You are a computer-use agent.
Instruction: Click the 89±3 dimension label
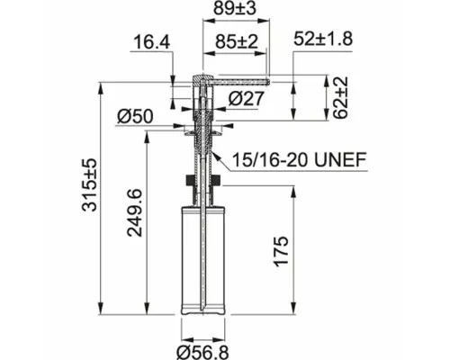tap(235, 9)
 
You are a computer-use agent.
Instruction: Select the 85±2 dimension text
tap(237, 41)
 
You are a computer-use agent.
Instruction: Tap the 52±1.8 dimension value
tap(323, 39)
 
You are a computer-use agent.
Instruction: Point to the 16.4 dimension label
tap(151, 42)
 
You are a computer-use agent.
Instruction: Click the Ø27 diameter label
tap(246, 98)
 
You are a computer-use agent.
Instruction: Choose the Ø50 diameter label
tap(135, 116)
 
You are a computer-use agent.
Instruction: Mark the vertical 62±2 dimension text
tap(341, 97)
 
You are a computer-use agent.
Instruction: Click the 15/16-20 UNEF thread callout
tap(300, 159)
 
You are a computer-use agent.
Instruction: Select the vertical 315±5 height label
tap(90, 185)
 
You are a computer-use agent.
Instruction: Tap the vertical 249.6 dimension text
tap(134, 212)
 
